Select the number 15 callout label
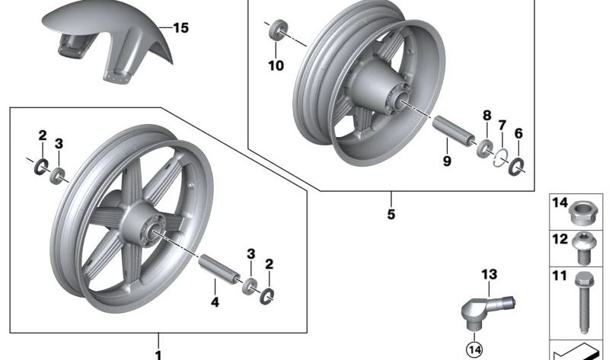180,29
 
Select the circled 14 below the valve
473,350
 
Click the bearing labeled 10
278,31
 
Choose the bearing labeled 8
483,146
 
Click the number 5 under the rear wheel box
391,215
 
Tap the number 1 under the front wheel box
158,354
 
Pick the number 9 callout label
447,161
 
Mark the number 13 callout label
488,274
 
